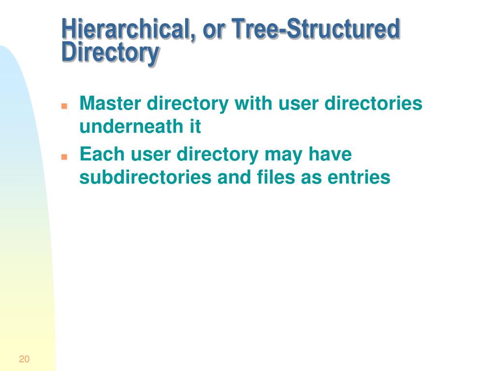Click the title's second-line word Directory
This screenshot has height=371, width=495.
[110, 53]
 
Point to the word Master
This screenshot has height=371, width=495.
[110, 103]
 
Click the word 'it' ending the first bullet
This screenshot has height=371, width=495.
[195, 127]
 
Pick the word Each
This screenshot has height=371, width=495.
[102, 154]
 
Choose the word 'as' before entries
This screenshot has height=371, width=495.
[311, 179]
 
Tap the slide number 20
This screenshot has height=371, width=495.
[24, 359]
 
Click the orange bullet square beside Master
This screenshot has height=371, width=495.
[64, 106]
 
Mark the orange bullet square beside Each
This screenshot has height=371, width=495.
[64, 157]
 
